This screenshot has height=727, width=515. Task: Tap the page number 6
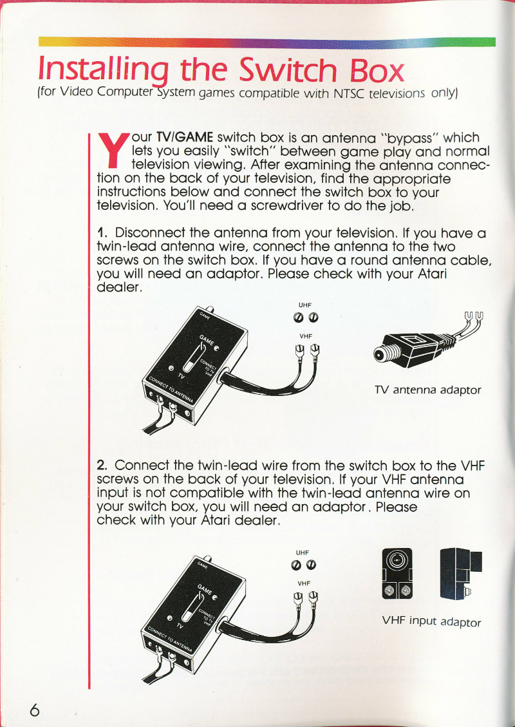[34, 710]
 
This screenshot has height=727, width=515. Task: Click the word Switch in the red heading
[288, 70]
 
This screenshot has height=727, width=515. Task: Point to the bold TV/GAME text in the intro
[185, 138]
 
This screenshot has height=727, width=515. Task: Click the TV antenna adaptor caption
[427, 390]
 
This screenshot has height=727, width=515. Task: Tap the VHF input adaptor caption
[431, 621]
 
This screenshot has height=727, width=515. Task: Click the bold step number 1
[102, 232]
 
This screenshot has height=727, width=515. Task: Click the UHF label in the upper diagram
[304, 305]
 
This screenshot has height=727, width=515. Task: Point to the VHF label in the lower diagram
[303, 583]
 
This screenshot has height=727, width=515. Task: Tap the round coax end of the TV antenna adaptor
[382, 355]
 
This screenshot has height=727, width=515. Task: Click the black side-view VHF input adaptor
[461, 573]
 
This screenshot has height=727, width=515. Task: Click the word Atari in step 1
[432, 274]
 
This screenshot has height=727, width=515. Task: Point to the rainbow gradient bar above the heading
[267, 42]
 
